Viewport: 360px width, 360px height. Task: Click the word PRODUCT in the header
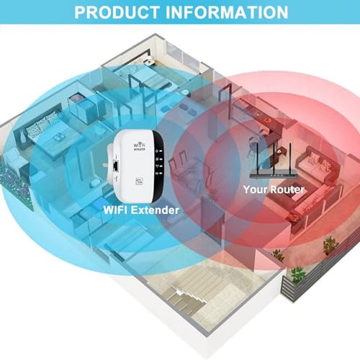click(117, 12)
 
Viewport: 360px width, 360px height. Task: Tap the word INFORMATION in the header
click(227, 12)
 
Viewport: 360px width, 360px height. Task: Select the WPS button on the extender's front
click(139, 181)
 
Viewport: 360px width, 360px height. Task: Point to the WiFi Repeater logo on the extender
click(140, 146)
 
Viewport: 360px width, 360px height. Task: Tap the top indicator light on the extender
click(160, 151)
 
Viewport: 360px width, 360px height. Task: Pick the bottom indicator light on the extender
click(159, 174)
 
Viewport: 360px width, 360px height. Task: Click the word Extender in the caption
click(156, 210)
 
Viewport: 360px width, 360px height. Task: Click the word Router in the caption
click(287, 189)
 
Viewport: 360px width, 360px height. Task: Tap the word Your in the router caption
click(256, 189)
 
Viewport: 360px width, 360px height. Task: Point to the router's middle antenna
click(274, 158)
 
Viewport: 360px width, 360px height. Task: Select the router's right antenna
click(290, 158)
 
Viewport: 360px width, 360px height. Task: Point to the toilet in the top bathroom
click(149, 62)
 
